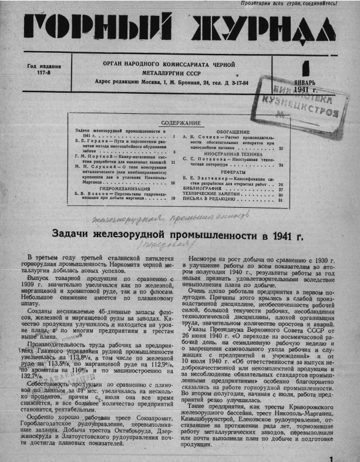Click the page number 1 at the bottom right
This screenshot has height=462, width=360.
[x=332, y=453]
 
